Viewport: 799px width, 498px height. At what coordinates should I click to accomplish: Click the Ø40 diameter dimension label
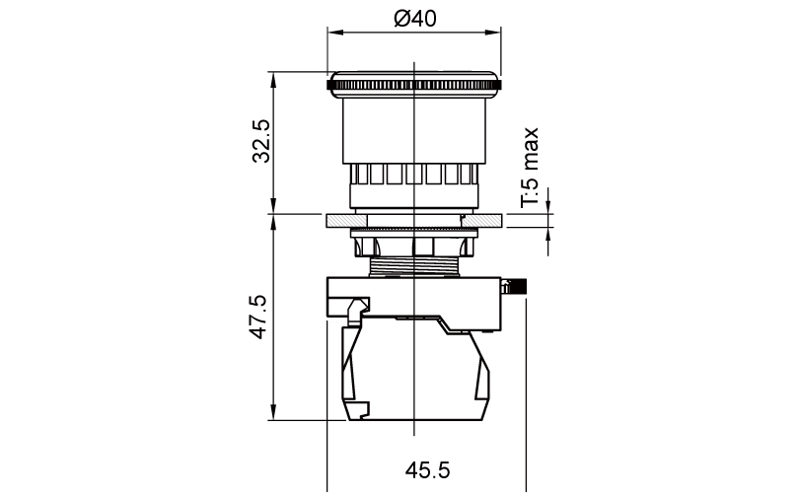click(x=415, y=19)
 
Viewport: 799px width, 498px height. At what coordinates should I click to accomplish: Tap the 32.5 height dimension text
click(x=261, y=141)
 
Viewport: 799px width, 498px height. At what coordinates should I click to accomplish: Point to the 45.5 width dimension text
click(x=427, y=470)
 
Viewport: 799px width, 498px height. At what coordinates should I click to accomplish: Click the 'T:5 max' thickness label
click(x=530, y=168)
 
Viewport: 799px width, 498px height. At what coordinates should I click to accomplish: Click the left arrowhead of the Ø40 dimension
click(x=334, y=33)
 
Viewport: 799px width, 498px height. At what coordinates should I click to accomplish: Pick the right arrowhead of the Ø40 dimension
click(x=494, y=33)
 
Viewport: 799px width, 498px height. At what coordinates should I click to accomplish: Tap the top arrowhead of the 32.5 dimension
click(x=273, y=79)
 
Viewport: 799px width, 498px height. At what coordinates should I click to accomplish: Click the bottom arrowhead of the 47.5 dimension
click(x=273, y=413)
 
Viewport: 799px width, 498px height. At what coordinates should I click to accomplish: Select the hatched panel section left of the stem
click(x=346, y=221)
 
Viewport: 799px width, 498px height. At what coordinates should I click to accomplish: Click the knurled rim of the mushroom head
click(x=413, y=85)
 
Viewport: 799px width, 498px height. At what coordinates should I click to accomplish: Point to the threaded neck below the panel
click(x=413, y=266)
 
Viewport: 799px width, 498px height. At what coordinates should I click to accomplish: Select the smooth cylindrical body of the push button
click(x=413, y=130)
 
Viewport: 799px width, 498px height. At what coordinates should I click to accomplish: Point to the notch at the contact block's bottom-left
click(x=361, y=410)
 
